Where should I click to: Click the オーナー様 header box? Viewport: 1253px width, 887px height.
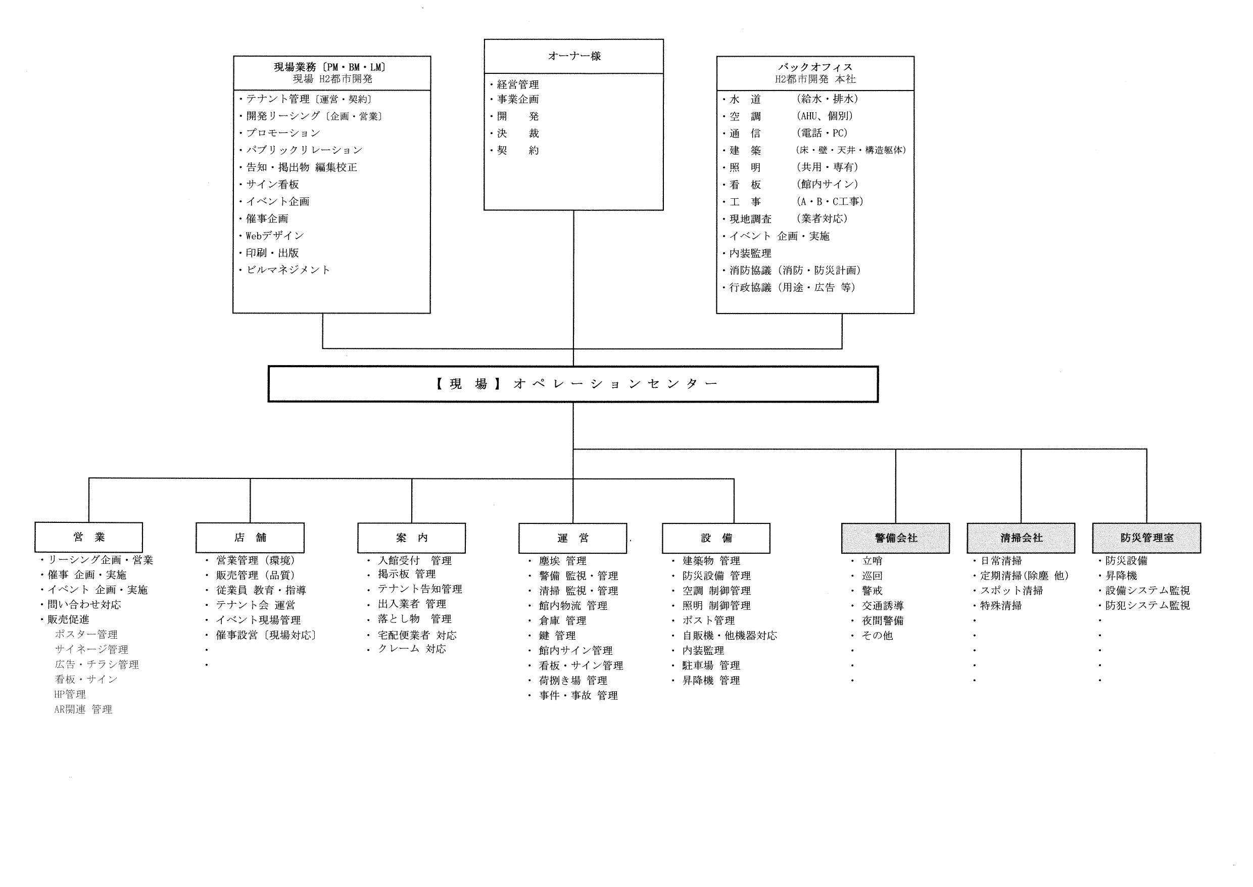[x=573, y=56]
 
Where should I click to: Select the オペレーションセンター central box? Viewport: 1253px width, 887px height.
[x=573, y=384]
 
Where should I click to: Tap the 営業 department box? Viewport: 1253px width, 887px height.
[x=89, y=538]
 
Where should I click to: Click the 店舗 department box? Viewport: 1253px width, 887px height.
[x=250, y=538]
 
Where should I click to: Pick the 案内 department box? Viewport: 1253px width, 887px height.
[x=411, y=538]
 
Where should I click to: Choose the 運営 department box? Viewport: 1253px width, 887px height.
[x=572, y=539]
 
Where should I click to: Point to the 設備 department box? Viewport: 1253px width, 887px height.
[x=716, y=539]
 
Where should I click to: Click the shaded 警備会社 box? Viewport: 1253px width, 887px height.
[x=896, y=539]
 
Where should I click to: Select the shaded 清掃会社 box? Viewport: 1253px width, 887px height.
[x=1021, y=539]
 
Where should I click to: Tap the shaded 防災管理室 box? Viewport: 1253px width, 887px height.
[x=1146, y=539]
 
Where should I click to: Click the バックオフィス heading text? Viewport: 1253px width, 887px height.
[x=815, y=67]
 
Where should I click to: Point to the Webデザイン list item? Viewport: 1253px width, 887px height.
[x=274, y=236]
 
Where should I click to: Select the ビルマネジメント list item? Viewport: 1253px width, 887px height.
[x=288, y=270]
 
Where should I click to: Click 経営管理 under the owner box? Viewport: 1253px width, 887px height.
[x=518, y=84]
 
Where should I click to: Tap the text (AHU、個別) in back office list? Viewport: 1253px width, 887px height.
[x=825, y=116]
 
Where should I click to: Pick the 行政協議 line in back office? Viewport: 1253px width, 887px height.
[x=792, y=288]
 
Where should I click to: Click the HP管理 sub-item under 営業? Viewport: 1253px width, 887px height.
[x=70, y=695]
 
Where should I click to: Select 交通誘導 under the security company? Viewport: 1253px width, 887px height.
[x=883, y=606]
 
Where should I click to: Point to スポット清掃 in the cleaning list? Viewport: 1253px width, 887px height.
[x=1011, y=591]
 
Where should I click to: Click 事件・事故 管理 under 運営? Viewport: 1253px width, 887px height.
[x=579, y=696]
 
